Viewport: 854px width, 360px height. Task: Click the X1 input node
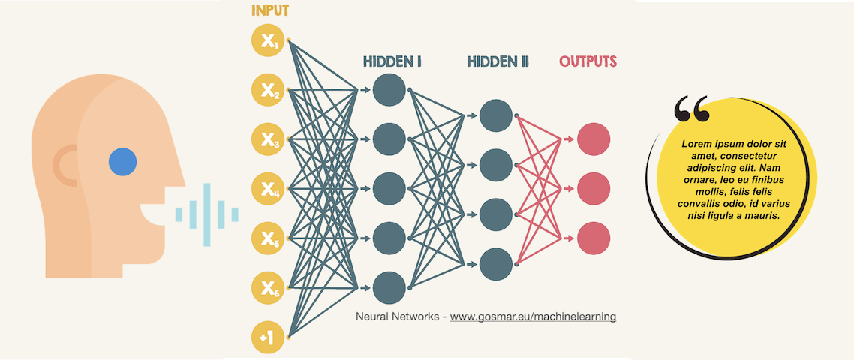(x=268, y=40)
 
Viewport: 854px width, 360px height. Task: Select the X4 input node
(x=268, y=189)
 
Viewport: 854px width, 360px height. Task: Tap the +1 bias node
(x=268, y=337)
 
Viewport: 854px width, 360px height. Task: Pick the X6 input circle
(x=268, y=287)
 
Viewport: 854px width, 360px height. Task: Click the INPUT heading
(x=270, y=10)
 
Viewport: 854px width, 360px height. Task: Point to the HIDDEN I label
(x=392, y=61)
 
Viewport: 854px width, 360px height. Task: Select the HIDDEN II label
(x=498, y=61)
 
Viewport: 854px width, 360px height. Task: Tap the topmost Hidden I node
(x=389, y=90)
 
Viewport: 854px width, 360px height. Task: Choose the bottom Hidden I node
(x=389, y=288)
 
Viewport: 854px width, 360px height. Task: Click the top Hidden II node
(x=496, y=115)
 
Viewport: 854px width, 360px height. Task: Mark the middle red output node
(x=594, y=189)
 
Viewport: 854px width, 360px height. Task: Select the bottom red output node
(x=594, y=238)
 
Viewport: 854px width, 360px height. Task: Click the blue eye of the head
(x=122, y=162)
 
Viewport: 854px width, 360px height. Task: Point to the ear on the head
(x=65, y=166)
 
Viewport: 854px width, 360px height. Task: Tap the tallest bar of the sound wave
(x=207, y=214)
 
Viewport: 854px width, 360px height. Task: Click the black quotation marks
(x=692, y=109)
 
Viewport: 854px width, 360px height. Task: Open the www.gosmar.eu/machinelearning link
(x=533, y=316)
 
